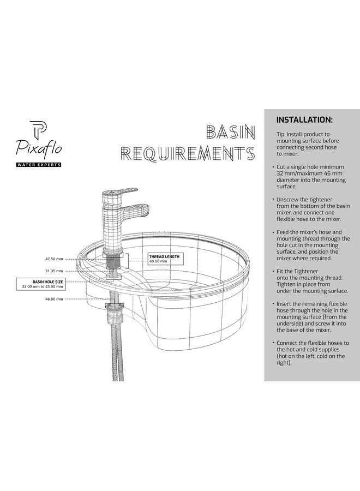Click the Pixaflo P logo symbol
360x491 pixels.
[39, 130]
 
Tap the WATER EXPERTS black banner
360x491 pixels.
[39, 165]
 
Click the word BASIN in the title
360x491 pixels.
[230, 132]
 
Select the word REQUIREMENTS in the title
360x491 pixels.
[188, 153]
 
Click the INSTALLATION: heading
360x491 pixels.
[304, 120]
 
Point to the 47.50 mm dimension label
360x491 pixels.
[54, 259]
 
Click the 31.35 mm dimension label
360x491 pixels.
[54, 271]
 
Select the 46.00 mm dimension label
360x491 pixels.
[54, 299]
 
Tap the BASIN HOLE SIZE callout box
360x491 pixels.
[40, 284]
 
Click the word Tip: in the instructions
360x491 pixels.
[281, 134]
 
